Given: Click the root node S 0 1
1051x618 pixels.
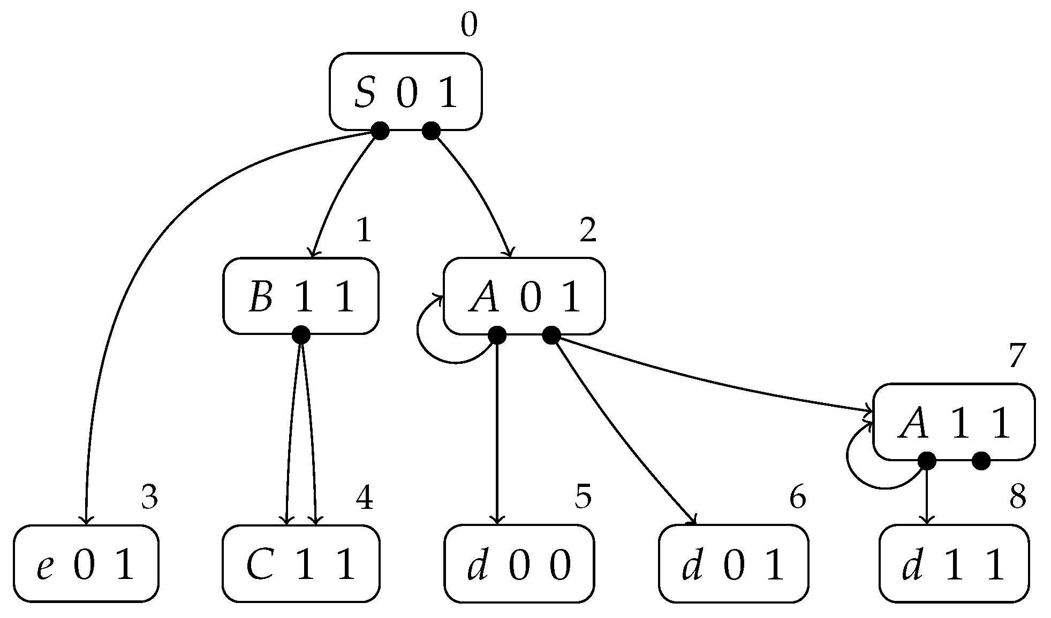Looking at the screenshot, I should click(405, 91).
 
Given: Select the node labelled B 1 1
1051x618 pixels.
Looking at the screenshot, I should click(301, 296).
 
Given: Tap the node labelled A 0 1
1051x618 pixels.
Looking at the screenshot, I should click(524, 296).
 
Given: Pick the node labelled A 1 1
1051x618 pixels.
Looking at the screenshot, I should click(954, 422).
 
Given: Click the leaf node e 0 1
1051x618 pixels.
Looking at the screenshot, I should click(86, 563).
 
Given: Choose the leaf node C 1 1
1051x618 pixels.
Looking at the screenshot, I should click(301, 563).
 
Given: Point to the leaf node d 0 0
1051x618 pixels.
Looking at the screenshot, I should click(519, 563).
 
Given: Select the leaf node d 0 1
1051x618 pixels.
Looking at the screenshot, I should click(733, 563).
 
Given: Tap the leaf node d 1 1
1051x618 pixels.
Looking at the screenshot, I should click(954, 563).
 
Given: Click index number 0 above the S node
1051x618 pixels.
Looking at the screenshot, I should click(468, 26).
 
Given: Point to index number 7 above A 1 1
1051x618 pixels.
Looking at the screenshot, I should click(1017, 356).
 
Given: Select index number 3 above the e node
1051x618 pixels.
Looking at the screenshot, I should click(149, 497).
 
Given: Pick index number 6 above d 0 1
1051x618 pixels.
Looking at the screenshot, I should click(797, 497).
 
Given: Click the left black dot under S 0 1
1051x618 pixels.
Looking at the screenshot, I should click(380, 130).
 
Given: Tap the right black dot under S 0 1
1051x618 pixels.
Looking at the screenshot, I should click(431, 130).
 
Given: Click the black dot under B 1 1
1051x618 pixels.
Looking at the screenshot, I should click(301, 335).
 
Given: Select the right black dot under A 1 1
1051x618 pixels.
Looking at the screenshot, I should click(981, 460).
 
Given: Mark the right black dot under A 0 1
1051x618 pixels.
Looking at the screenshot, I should click(551, 335).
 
